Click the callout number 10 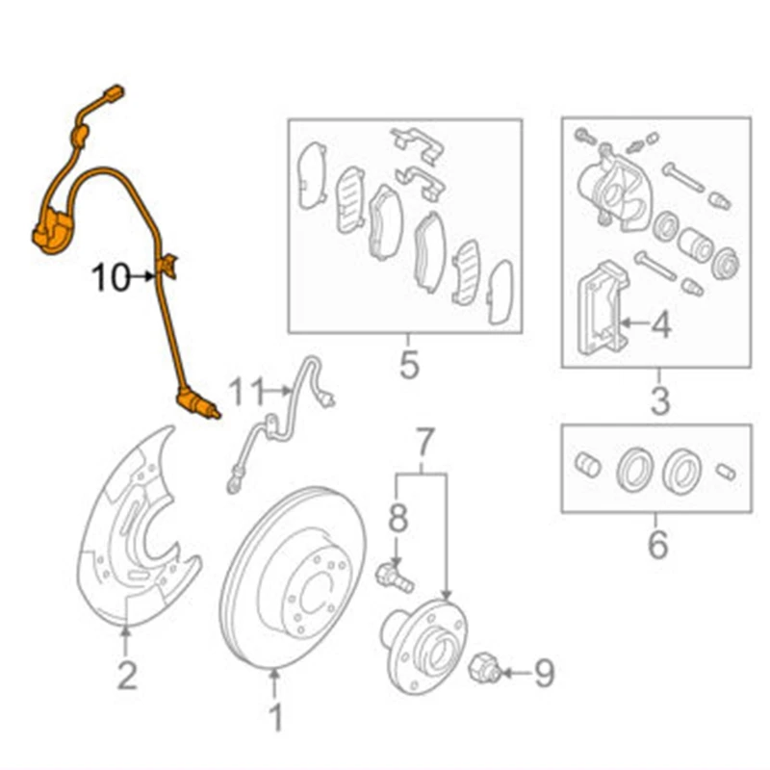coord(110,278)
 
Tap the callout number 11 coord(245,392)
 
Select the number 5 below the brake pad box coord(409,366)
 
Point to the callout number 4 coord(660,327)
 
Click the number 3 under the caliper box coord(659,399)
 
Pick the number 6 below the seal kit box coord(657,545)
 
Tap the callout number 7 coord(423,444)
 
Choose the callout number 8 coord(398,519)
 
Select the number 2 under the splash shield coord(127,676)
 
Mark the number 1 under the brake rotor coord(275,717)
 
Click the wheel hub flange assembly coord(427,645)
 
